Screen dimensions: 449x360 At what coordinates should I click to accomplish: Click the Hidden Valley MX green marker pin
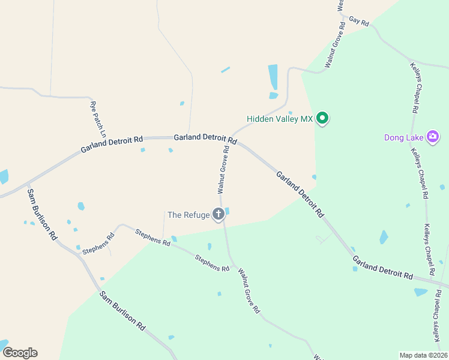point(322,118)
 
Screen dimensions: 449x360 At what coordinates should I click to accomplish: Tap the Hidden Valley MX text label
point(280,119)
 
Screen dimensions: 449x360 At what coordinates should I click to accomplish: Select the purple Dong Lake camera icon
point(432,137)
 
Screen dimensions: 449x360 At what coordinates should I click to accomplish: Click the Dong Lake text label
point(404,137)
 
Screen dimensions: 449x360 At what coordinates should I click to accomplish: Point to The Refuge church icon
point(218,214)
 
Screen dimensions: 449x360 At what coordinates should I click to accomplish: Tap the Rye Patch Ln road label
point(98,117)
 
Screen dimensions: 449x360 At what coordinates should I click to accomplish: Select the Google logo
point(20,353)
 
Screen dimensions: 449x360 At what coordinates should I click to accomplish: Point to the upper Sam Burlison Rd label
point(41,215)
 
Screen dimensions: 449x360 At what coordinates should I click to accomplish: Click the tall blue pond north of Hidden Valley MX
point(273,77)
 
